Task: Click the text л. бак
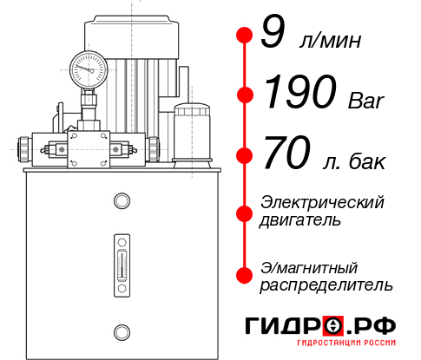point(352,160)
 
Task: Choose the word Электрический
point(322,202)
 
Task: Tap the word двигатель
point(300,219)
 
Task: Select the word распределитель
point(326,284)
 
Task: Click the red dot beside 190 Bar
point(246,94)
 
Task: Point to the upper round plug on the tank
point(121,202)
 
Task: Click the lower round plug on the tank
point(121,330)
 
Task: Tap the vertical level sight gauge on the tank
point(121,261)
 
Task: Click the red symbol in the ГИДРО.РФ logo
point(332,326)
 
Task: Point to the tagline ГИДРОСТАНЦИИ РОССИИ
point(345,347)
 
